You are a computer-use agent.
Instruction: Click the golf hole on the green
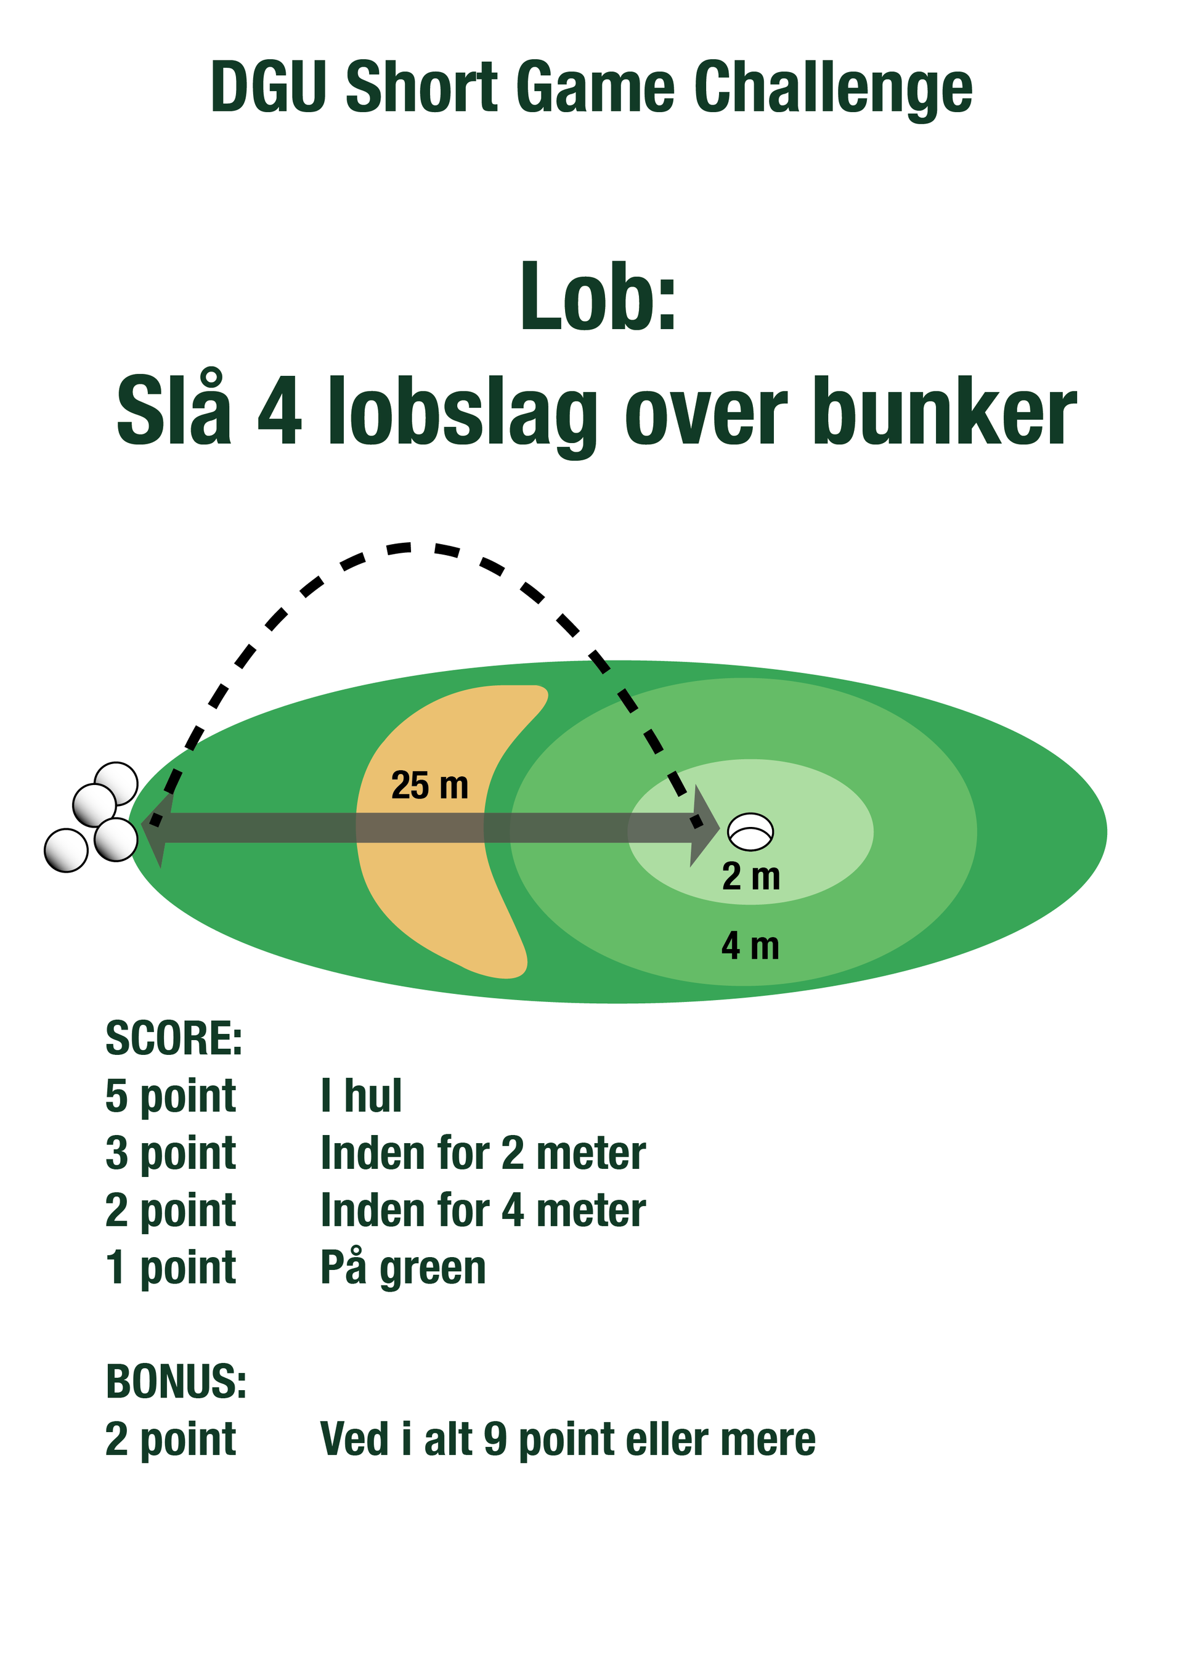[750, 831]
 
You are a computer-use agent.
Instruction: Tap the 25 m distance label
[430, 786]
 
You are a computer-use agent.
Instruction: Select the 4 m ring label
[750, 946]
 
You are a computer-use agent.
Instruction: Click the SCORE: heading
[174, 1038]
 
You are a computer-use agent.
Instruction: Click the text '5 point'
[171, 1097]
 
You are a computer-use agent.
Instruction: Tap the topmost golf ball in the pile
[116, 783]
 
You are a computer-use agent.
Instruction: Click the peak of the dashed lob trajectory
[410, 546]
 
